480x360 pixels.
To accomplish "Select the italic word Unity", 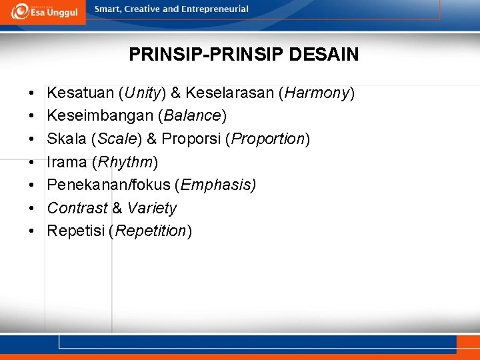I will [143, 93].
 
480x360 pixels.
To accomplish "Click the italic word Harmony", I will [317, 93].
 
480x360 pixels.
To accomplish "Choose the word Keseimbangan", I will [100, 116].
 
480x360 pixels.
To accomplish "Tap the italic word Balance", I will [192, 116].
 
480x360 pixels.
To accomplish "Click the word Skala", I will [67, 139].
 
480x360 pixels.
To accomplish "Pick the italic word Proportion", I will [268, 139].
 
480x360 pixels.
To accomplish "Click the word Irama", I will [67, 162].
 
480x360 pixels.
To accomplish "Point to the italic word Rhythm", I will [125, 162].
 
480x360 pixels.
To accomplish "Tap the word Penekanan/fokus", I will [109, 185].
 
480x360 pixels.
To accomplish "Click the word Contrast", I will [77, 208].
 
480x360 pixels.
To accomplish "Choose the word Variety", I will [151, 208].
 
